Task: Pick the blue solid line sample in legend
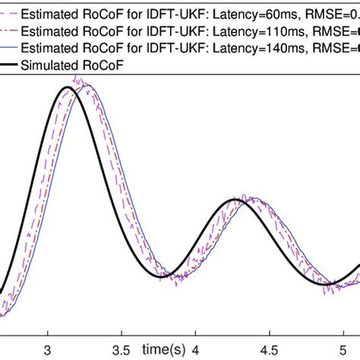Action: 10,48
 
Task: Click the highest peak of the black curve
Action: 68,87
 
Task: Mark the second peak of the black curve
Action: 238,200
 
